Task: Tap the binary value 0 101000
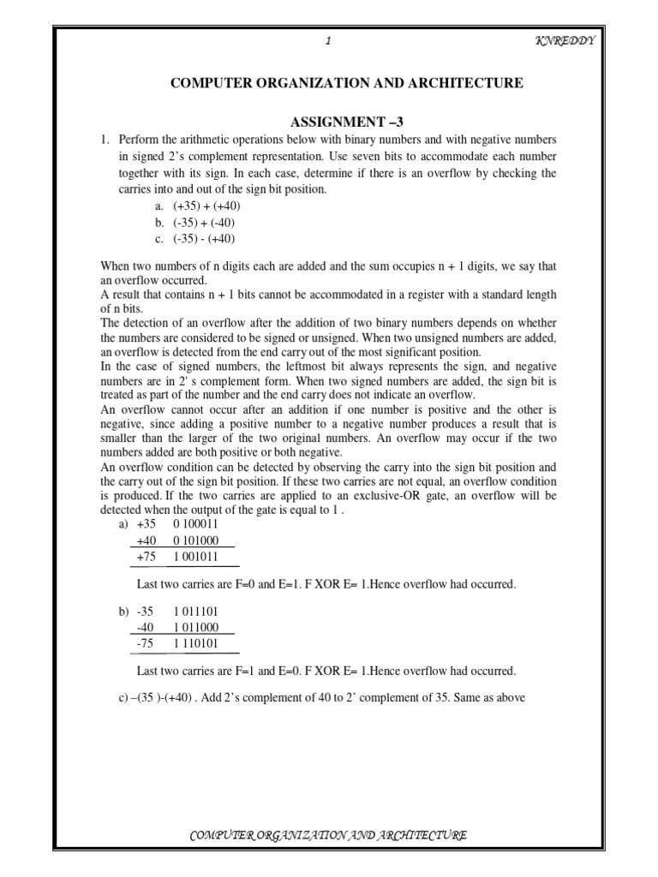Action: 195,540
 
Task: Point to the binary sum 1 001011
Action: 195,557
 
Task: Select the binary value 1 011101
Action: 195,612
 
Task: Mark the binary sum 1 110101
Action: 195,644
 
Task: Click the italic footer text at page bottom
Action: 328,835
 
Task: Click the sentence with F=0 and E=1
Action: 326,584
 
